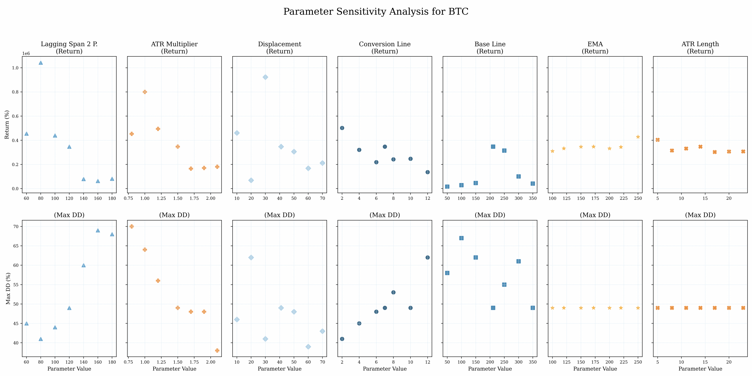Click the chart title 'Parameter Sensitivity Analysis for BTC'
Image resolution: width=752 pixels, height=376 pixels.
point(376,11)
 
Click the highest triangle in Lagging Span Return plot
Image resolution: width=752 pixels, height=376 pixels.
point(41,63)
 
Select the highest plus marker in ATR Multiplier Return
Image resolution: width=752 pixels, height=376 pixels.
point(145,92)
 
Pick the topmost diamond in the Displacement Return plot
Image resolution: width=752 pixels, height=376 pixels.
point(265,77)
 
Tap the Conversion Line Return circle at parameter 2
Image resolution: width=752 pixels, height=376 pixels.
point(342,128)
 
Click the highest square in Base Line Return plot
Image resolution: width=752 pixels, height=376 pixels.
point(493,147)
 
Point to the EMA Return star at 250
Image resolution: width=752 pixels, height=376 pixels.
point(638,137)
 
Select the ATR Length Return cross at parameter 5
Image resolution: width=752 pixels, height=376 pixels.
point(658,140)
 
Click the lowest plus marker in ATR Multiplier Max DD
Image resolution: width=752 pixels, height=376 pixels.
point(217,350)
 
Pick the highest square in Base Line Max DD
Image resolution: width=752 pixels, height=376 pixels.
point(461,238)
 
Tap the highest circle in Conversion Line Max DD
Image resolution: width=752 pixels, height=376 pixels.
point(427,258)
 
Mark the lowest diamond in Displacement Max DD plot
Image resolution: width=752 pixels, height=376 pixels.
point(308,347)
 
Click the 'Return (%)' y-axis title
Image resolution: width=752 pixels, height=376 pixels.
point(7,125)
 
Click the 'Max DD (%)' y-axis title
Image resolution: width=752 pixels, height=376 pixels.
point(8,288)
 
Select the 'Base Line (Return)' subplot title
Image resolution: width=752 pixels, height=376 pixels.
point(490,48)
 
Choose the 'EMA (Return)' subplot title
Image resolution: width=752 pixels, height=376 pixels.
point(595,48)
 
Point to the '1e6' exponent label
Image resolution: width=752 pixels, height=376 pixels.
point(26,53)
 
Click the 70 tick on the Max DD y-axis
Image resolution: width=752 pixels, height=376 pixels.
point(16,226)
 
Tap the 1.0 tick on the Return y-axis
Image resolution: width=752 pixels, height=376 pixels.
point(15,68)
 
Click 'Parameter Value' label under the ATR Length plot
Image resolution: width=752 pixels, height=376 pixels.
point(700,369)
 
